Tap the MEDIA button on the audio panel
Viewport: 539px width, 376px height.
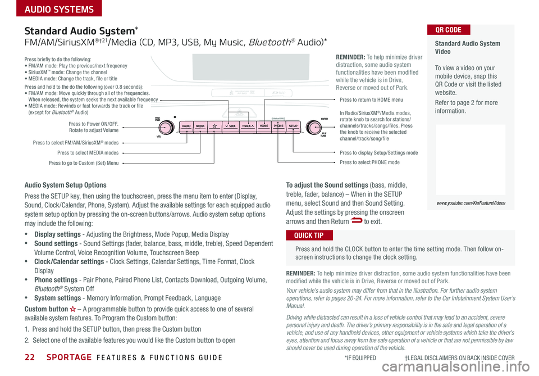(201, 126)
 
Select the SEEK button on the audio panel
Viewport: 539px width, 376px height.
(229, 126)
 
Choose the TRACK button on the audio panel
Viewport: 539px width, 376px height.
(248, 126)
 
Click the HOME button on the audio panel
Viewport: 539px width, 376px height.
(264, 126)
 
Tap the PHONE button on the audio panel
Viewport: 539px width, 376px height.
(278, 126)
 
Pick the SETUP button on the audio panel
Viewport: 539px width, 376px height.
(293, 126)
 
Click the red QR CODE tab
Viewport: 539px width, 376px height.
(449, 30)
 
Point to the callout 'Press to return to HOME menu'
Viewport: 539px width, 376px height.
(371, 100)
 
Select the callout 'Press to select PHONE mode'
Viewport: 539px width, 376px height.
(369, 162)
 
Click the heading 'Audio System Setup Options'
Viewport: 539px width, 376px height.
(66, 185)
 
